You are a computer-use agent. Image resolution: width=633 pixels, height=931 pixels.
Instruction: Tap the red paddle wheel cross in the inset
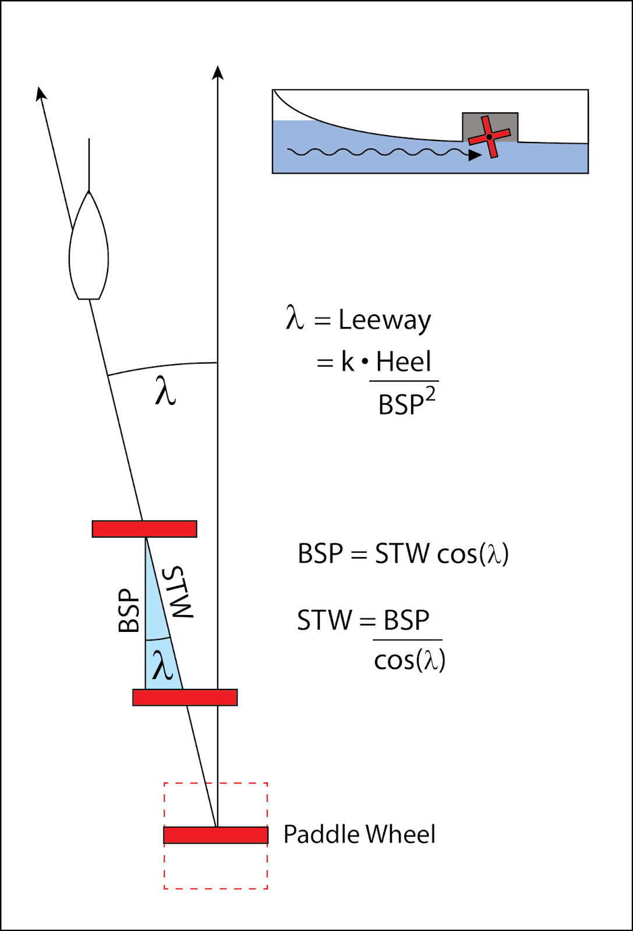click(490, 136)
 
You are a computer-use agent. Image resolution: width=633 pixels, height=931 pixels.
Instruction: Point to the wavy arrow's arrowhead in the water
click(475, 155)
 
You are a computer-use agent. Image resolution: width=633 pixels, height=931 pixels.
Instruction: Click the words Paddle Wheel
click(359, 834)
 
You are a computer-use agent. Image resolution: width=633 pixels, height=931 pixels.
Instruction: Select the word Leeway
click(384, 320)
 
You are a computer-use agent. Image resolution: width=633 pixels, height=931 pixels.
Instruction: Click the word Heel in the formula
click(403, 362)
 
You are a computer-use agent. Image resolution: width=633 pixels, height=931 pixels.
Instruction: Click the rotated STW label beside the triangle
click(178, 592)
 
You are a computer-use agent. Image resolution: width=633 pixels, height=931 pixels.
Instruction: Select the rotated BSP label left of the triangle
click(129, 610)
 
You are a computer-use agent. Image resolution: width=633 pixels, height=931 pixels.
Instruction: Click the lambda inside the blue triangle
click(162, 666)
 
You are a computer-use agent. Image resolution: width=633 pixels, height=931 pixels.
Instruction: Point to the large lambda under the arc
click(165, 391)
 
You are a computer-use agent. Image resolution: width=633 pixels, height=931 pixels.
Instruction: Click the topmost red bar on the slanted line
click(144, 529)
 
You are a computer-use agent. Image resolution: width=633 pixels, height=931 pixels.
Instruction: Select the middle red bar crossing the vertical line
click(185, 697)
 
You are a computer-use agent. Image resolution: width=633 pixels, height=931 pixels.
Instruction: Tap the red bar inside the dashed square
click(215, 835)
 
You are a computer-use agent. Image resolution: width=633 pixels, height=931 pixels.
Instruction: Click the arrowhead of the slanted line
click(41, 94)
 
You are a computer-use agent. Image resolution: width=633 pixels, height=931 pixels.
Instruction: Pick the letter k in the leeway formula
click(348, 362)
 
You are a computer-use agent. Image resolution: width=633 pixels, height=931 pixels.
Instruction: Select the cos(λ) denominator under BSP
click(409, 660)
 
